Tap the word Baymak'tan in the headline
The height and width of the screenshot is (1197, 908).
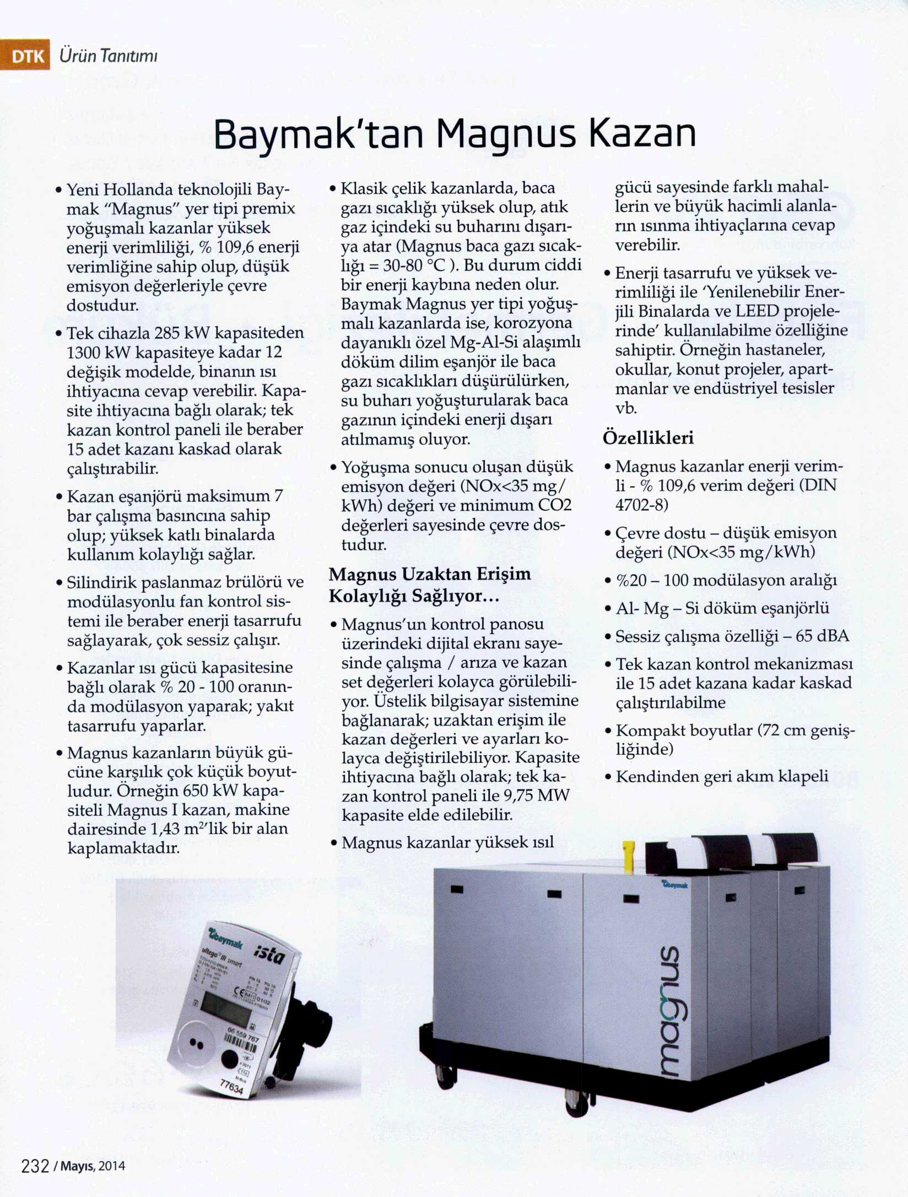[317, 134]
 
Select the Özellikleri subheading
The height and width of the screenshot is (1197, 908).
[648, 438]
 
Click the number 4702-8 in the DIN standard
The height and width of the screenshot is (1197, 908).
[641, 505]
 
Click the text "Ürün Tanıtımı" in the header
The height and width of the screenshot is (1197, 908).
[109, 56]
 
